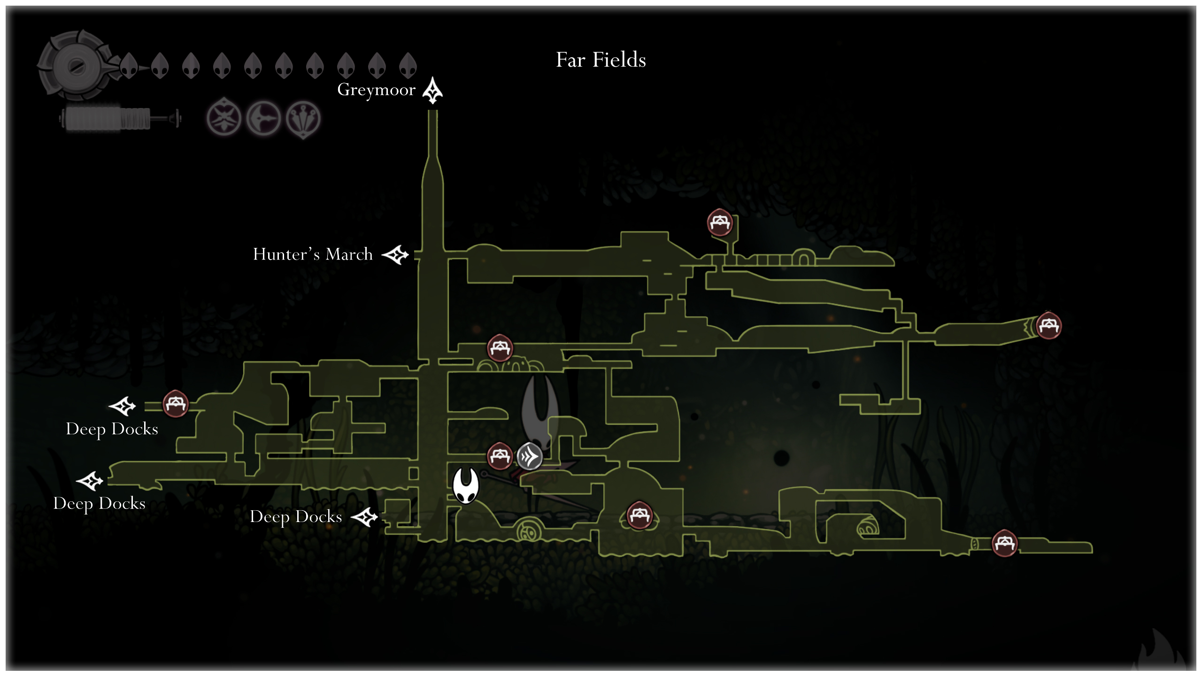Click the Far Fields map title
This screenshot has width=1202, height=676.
click(x=601, y=60)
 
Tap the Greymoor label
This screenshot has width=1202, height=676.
click(x=376, y=90)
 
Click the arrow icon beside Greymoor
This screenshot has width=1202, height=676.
click(x=432, y=90)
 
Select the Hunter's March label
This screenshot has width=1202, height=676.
click(x=313, y=254)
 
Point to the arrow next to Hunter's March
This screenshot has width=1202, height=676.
click(x=395, y=255)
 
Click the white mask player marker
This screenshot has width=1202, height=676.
click(x=465, y=485)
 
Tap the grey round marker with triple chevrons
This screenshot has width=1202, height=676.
click(x=529, y=456)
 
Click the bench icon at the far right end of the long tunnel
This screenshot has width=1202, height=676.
click(x=1048, y=325)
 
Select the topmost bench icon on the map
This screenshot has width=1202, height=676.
click(x=720, y=222)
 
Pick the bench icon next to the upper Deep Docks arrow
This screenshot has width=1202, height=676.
click(x=176, y=403)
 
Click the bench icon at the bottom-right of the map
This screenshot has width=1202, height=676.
click(x=1004, y=543)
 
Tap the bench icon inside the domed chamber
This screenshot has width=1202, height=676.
click(x=640, y=515)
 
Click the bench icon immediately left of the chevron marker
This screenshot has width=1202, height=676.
click(x=500, y=455)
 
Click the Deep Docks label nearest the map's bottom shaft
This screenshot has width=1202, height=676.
click(x=296, y=517)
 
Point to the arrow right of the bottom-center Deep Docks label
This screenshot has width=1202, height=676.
click(x=365, y=517)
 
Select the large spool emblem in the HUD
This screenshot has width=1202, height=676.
click(x=75, y=66)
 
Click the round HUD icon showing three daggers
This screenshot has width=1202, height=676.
click(x=303, y=119)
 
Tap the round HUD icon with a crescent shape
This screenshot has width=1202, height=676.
click(x=263, y=119)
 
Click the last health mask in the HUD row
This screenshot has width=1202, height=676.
click(x=408, y=65)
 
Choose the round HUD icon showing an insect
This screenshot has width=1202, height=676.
click(x=224, y=118)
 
